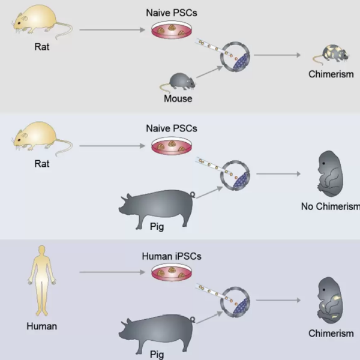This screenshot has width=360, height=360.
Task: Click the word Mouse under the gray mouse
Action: click(x=178, y=98)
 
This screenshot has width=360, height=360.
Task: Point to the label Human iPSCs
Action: click(x=172, y=256)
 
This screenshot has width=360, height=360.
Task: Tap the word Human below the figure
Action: click(x=41, y=326)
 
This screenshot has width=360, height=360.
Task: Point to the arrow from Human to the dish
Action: click(x=108, y=272)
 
